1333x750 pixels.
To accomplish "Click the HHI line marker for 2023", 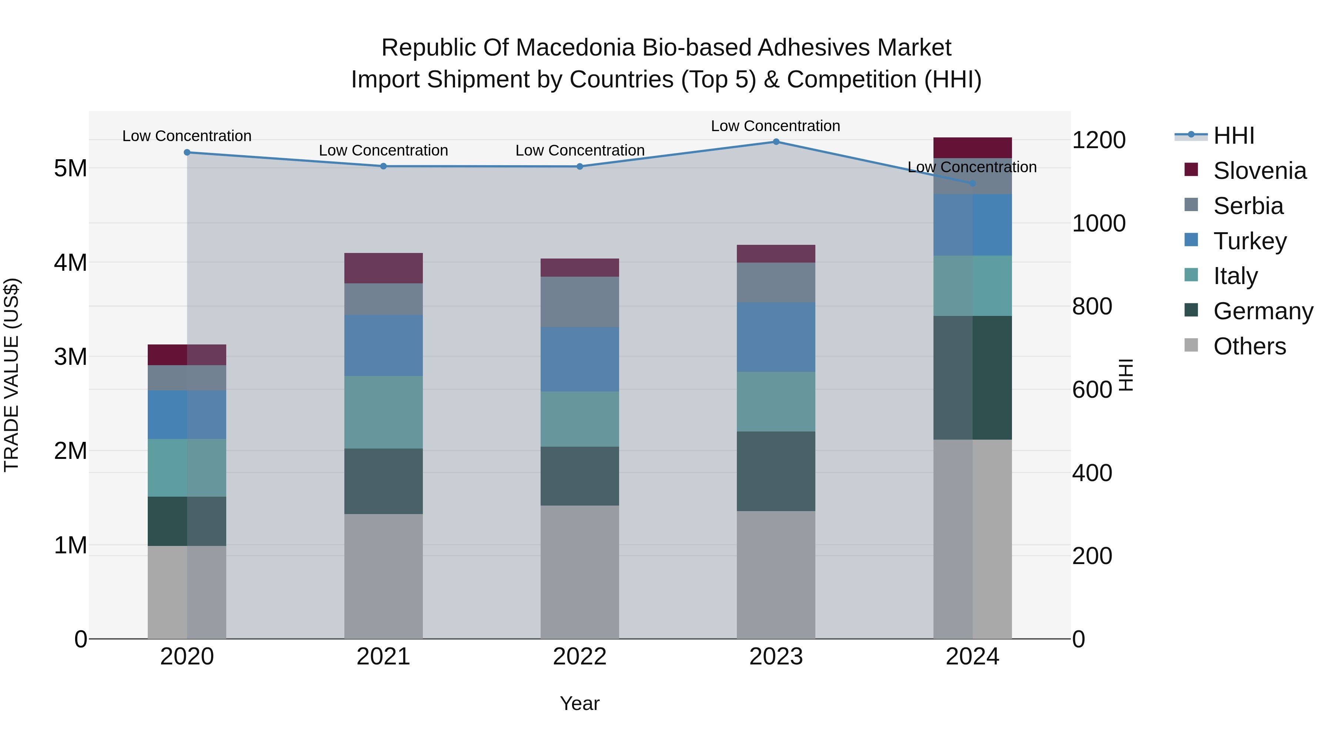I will [x=776, y=142].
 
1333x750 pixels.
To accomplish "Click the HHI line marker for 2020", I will [x=187, y=153].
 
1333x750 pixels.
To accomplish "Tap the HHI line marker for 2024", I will [x=972, y=184].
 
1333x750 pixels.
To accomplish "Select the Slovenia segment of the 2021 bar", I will [x=384, y=268].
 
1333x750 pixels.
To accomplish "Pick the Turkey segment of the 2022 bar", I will [x=579, y=359].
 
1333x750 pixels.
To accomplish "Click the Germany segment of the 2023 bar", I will [x=776, y=471].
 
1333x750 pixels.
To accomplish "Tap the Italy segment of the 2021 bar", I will [x=384, y=413].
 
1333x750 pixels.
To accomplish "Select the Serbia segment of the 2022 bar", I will [x=579, y=302].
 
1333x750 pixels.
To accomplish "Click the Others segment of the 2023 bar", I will [x=776, y=574].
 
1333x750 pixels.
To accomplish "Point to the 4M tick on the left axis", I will [x=70, y=263].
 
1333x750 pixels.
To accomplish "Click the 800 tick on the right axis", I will [x=1092, y=306].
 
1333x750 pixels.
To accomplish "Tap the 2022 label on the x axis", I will [x=579, y=657].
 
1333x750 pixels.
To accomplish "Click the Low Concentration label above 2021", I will [x=384, y=151].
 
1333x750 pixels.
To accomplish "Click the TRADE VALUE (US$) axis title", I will [x=11, y=375].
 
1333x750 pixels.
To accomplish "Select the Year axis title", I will [x=579, y=703].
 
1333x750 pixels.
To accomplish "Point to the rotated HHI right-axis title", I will [x=1126, y=375].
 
